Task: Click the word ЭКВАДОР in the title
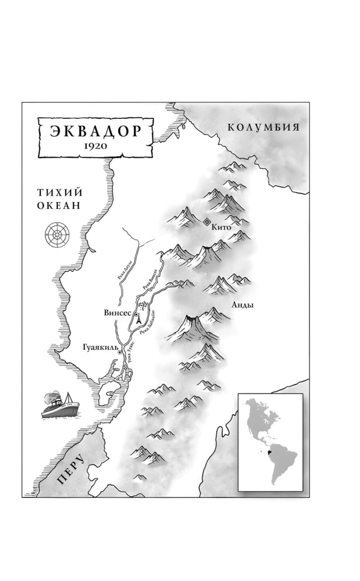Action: [95, 131]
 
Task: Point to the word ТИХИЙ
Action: [60, 192]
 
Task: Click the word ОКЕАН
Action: [59, 206]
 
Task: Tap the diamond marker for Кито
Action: [207, 222]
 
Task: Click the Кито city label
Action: [221, 227]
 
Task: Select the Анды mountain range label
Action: [242, 305]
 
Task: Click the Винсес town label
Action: [117, 313]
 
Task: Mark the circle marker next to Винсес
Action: [136, 315]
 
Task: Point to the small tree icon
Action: [143, 306]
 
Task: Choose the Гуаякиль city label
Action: [100, 348]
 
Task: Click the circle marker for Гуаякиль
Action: [120, 353]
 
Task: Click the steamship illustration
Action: [60, 405]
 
